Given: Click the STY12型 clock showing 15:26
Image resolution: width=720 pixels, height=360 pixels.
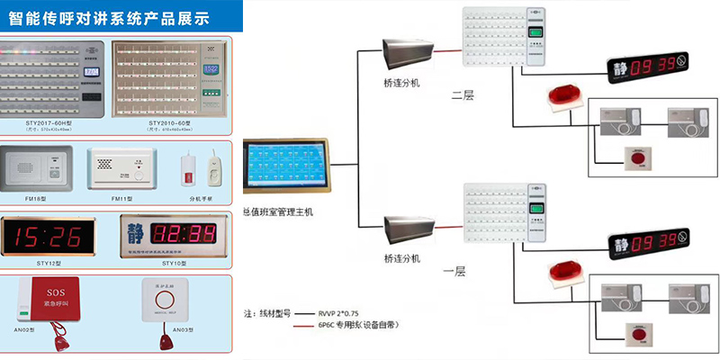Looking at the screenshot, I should [x=52, y=238].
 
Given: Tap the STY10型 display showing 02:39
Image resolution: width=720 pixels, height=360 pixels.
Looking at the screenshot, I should [x=171, y=238].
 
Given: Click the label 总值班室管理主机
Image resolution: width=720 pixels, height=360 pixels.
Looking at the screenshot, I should [x=285, y=212].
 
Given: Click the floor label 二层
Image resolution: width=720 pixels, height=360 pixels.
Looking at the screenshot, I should [x=462, y=94].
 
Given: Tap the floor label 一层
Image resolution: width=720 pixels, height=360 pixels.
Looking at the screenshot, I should [x=454, y=268].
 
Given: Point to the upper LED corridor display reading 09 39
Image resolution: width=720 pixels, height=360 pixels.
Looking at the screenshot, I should [x=648, y=67].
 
